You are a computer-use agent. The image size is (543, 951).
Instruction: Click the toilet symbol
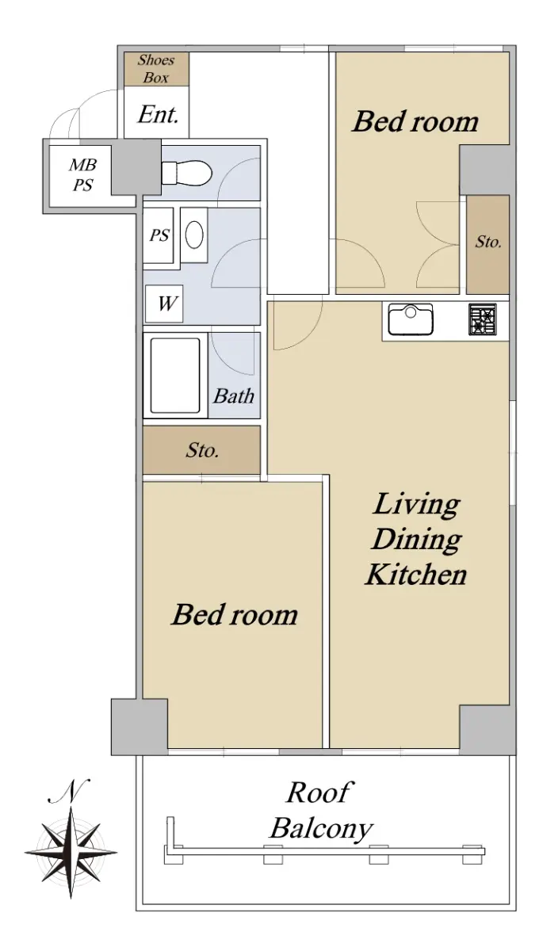click(x=186, y=173)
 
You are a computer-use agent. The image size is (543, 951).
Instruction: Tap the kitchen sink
click(x=410, y=319)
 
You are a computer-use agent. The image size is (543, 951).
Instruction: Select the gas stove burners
click(x=483, y=319)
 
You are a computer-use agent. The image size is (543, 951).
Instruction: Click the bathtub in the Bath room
click(x=175, y=376)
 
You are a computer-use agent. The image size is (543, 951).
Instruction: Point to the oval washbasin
click(x=194, y=235)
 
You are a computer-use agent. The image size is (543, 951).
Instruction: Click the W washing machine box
click(x=164, y=304)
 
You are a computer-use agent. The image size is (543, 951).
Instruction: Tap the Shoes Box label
click(x=156, y=68)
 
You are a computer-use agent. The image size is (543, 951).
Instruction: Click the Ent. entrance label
click(x=158, y=115)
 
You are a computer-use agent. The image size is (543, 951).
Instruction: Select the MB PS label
click(x=82, y=174)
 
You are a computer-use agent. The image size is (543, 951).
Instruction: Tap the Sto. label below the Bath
click(x=202, y=450)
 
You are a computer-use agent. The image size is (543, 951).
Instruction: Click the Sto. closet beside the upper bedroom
click(x=488, y=244)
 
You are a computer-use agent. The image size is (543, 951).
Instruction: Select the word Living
click(x=416, y=505)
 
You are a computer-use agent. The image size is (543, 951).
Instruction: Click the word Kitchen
click(x=416, y=575)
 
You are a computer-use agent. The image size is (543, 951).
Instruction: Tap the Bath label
click(x=234, y=396)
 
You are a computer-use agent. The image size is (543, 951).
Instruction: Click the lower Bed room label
click(x=235, y=615)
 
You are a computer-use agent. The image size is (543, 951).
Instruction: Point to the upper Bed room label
click(x=415, y=121)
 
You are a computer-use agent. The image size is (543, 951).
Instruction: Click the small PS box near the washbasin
click(x=159, y=235)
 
